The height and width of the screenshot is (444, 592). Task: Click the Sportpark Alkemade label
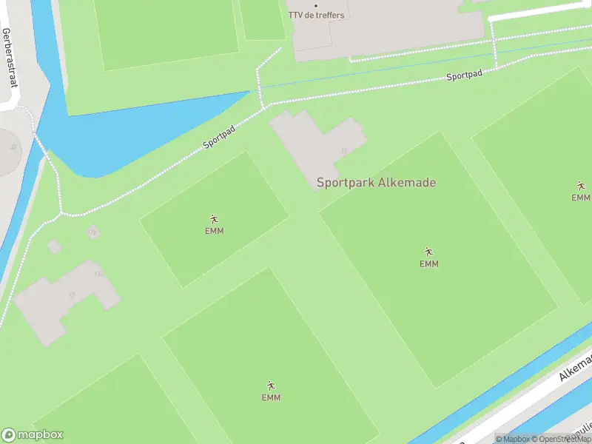coord(376,183)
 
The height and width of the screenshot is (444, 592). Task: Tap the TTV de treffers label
coord(316,16)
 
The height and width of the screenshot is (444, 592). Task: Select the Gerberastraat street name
coord(10,58)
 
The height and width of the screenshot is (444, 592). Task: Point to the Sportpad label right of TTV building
coord(464,76)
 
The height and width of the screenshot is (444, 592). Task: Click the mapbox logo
coord(33,434)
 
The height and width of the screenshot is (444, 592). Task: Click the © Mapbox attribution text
coord(513,439)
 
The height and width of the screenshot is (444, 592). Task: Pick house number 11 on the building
coord(343,151)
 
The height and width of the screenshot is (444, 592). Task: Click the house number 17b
coord(92,232)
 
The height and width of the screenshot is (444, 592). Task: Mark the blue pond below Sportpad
coord(118,141)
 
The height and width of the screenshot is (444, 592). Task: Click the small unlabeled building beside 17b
coord(55,246)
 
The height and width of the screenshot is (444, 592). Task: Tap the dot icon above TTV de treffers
coord(316,6)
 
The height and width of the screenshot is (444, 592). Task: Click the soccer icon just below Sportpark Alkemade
coord(428,252)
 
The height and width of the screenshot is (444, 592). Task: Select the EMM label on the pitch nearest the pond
coord(215,231)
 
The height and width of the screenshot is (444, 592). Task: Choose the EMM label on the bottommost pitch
coord(271,397)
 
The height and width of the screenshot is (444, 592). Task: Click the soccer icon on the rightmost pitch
coord(581,186)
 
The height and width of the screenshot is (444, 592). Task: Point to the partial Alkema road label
coord(576,368)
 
